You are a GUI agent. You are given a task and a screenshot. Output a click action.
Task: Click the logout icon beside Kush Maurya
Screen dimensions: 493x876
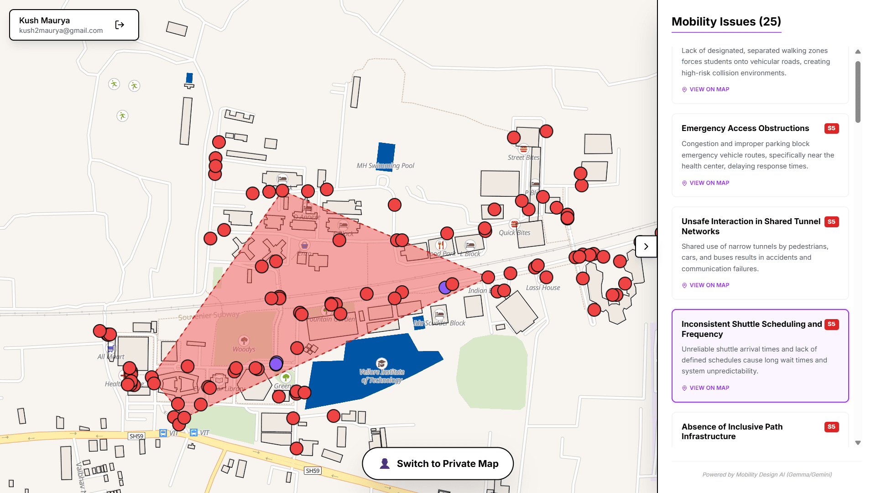[120, 25]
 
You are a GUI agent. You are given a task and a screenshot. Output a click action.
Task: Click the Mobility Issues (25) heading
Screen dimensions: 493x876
[726, 22]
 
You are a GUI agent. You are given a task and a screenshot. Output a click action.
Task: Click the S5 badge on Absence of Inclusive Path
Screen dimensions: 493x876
[831, 427]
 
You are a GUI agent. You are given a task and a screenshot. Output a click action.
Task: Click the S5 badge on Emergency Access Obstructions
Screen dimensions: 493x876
[831, 128]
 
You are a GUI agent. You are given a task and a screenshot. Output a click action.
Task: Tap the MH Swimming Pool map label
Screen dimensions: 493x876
[385, 166]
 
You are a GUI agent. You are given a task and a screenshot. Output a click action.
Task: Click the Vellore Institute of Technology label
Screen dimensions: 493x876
[382, 376]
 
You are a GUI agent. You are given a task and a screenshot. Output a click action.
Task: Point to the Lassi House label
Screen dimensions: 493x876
[542, 288]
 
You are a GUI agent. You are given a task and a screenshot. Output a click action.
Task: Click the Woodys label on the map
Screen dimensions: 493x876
[244, 349]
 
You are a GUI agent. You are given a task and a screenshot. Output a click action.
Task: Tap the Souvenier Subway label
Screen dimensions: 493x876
[209, 315]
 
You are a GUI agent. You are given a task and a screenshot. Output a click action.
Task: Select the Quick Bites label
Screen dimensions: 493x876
[515, 232]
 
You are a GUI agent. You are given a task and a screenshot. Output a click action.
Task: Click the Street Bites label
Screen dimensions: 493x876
[523, 157]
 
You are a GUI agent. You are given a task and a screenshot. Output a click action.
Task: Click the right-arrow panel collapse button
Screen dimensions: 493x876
[646, 246]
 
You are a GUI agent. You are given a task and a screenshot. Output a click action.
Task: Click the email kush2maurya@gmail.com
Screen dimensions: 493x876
[61, 31]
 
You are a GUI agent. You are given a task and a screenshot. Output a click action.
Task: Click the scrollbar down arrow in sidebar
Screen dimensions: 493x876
[858, 443]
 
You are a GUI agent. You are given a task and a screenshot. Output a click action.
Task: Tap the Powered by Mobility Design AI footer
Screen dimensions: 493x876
[766, 475]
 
